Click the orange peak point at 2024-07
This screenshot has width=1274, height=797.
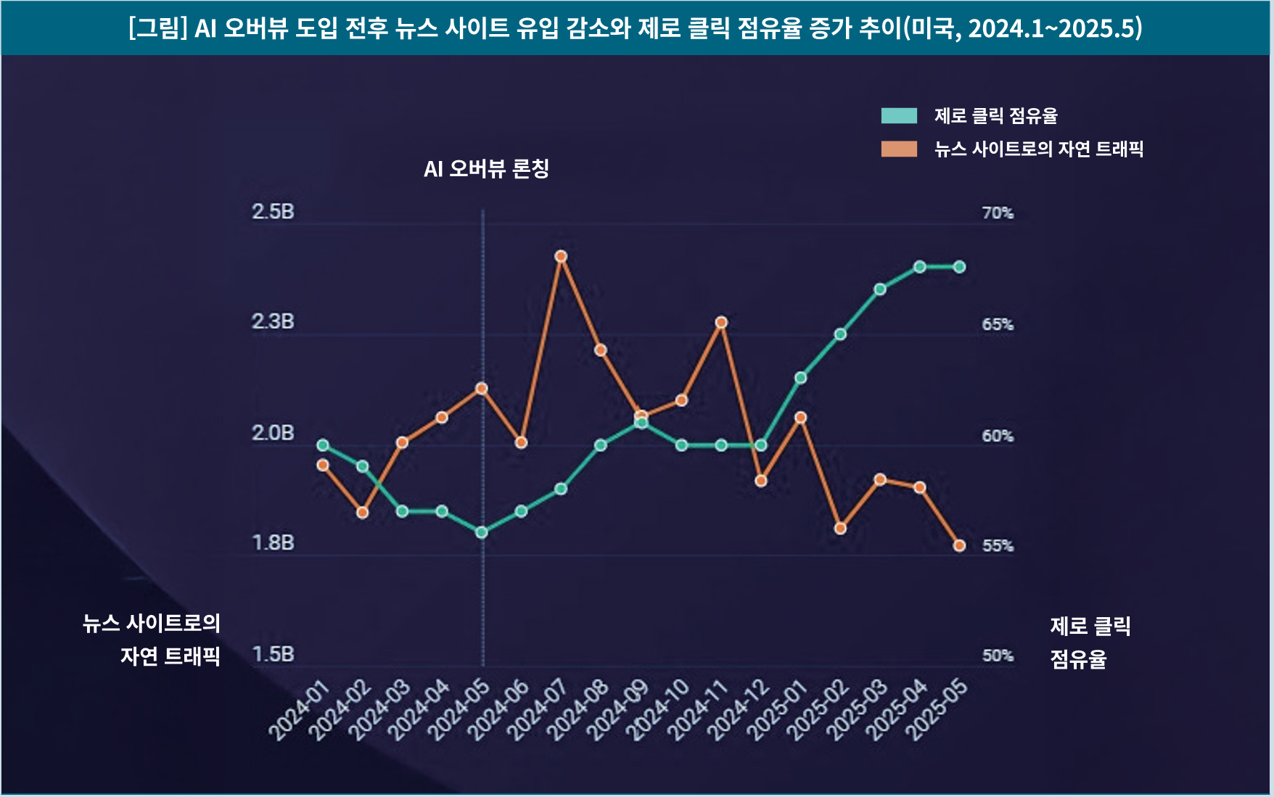[561, 256]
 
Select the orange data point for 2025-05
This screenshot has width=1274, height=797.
[959, 545]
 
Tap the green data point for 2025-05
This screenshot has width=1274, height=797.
[959, 267]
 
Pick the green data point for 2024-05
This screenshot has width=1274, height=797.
[481, 532]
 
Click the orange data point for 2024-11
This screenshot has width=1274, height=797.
[721, 322]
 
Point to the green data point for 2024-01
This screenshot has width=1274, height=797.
[323, 445]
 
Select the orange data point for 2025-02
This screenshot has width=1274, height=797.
[840, 529]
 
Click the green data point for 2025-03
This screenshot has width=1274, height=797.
[880, 289]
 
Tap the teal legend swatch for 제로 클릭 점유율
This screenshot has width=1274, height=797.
[899, 116]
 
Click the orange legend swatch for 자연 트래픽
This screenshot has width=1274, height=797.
[899, 149]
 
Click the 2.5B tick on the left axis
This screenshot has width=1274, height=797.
[273, 212]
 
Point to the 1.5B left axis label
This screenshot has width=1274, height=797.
[273, 654]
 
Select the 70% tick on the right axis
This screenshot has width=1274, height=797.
[998, 213]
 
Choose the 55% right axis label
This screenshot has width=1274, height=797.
[998, 545]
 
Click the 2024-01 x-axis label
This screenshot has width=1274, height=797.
[300, 711]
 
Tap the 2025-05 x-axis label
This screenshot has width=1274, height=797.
[937, 711]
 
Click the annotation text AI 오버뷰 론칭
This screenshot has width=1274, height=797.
[486, 169]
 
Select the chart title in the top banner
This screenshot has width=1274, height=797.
[636, 28]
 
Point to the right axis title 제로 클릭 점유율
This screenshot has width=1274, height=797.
[1090, 643]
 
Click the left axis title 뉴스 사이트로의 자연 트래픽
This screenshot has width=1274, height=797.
[152, 640]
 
